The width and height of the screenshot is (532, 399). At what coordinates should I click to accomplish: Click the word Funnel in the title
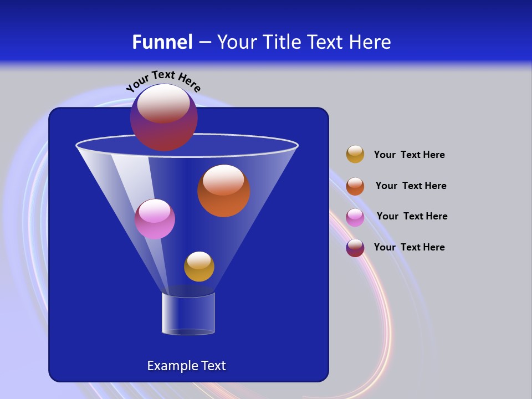(x=162, y=42)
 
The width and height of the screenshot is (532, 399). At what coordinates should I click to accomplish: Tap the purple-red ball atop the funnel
(x=163, y=117)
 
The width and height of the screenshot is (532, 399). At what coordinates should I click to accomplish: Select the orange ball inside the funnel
(x=223, y=191)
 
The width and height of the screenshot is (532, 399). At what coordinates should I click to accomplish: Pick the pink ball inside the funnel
(x=155, y=219)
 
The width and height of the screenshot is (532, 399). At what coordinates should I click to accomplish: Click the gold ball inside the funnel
(x=199, y=267)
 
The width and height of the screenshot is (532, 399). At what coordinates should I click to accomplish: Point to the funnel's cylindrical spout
(x=188, y=314)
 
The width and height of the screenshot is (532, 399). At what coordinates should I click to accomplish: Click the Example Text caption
(x=186, y=366)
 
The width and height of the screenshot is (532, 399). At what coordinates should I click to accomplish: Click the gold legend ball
(x=355, y=155)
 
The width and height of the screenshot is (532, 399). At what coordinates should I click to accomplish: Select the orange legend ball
(x=355, y=186)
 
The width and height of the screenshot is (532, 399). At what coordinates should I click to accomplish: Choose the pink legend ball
(x=355, y=217)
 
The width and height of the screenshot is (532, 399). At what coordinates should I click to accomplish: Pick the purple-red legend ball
(x=355, y=248)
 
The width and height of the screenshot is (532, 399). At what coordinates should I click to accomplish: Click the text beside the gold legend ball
(x=409, y=155)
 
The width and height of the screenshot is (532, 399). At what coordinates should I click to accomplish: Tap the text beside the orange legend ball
(x=411, y=186)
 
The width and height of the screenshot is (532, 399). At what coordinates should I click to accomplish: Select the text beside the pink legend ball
(x=412, y=217)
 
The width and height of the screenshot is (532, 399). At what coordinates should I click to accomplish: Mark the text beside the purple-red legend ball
(x=409, y=248)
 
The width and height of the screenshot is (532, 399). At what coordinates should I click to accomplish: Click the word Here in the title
(x=371, y=42)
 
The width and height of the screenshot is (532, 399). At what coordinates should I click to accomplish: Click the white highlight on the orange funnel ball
(x=223, y=180)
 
